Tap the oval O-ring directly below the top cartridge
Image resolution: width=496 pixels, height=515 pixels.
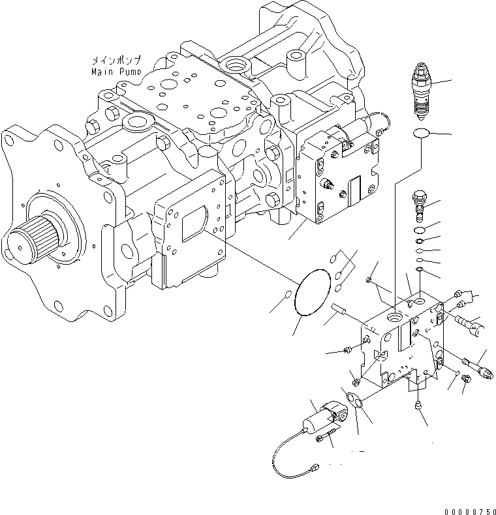coord(421,134)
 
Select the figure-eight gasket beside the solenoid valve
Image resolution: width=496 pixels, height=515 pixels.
coord(354,402)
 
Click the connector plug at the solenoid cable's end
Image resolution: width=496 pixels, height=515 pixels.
coord(315,467)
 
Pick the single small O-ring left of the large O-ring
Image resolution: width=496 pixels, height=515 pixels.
coord(287,300)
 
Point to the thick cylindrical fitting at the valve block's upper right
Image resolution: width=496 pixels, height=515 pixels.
coord(472,323)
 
